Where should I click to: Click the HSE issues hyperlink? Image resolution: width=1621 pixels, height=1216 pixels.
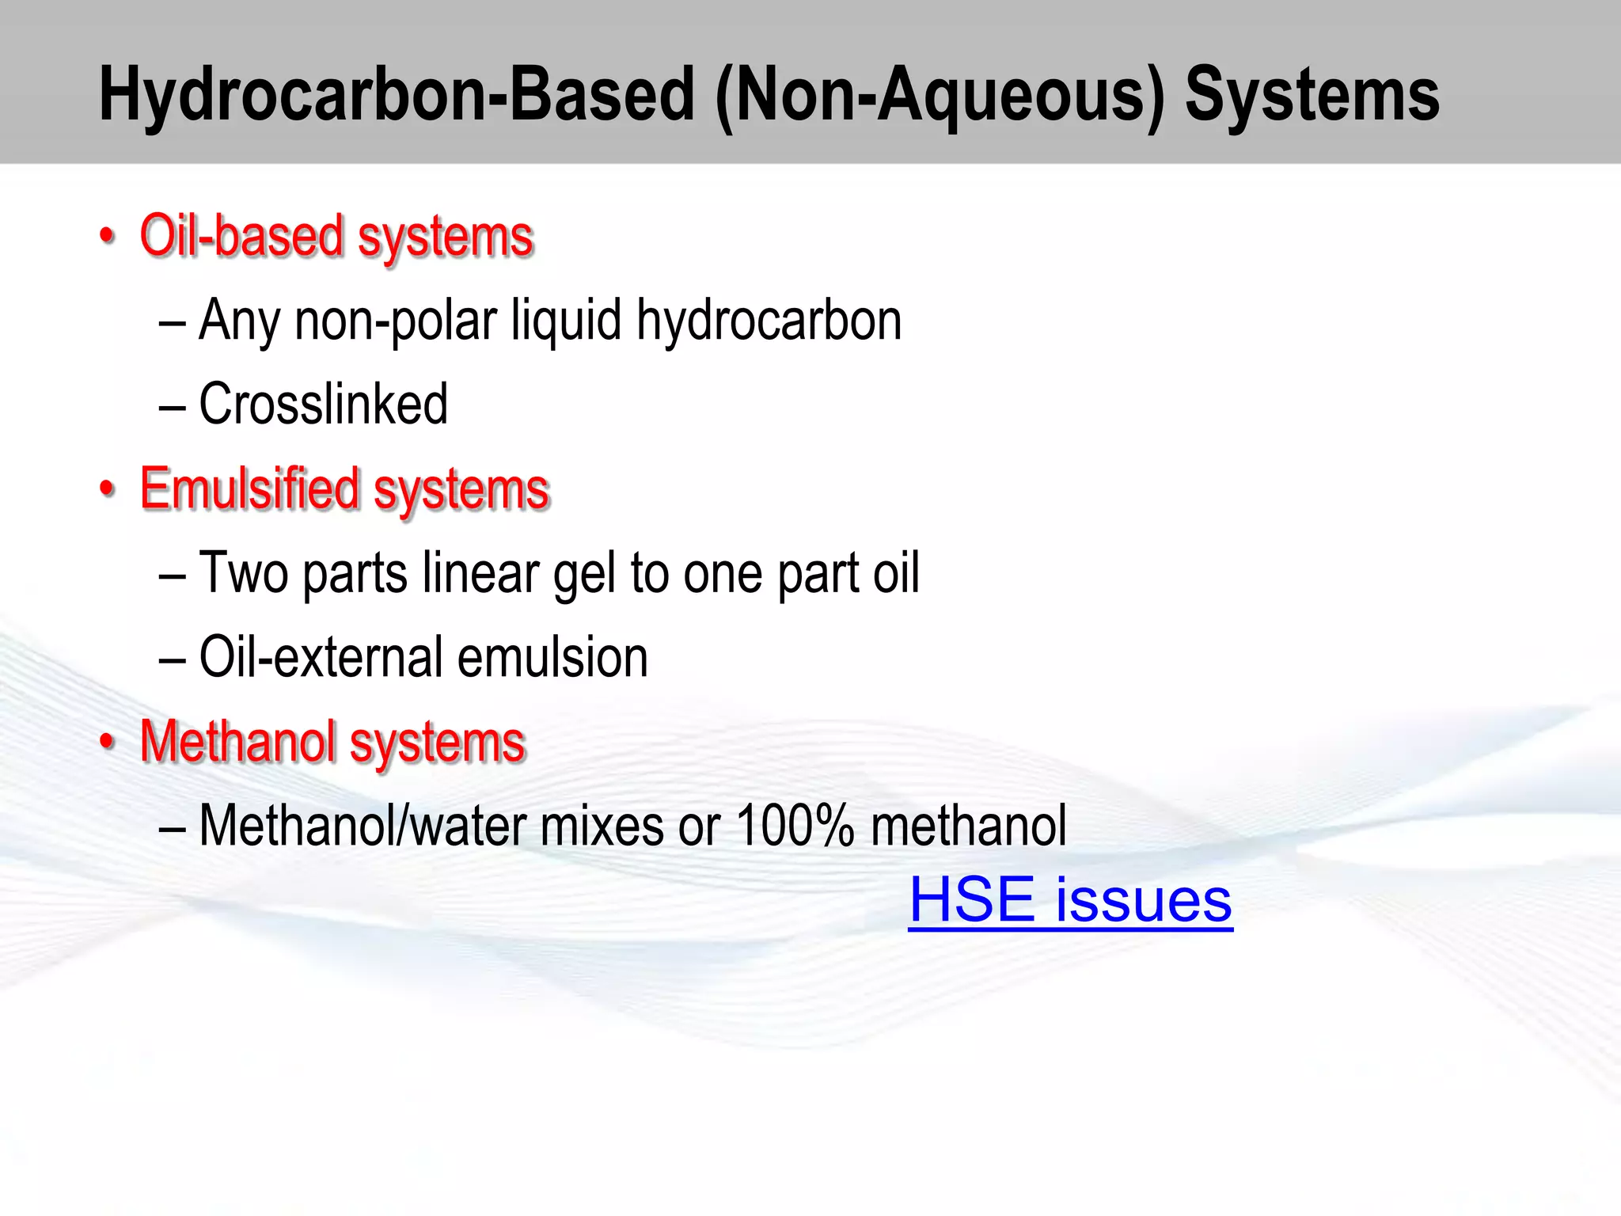1070,901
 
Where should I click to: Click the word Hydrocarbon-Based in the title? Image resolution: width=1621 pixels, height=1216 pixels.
396,95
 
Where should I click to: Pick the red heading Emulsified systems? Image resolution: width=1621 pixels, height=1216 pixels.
344,488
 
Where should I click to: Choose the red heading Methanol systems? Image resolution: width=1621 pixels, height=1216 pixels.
332,742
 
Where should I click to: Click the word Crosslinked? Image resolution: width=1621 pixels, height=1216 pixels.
323,404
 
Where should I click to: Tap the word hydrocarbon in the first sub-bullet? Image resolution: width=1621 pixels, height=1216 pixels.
769,321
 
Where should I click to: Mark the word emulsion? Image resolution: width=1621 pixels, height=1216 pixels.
552,657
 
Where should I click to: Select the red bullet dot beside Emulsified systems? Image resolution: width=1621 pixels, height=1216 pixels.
108,489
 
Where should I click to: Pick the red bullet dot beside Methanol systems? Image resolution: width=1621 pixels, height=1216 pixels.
108,743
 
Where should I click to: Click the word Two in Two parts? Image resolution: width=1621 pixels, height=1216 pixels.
243,573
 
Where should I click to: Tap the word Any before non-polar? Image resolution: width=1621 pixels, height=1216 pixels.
239,321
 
